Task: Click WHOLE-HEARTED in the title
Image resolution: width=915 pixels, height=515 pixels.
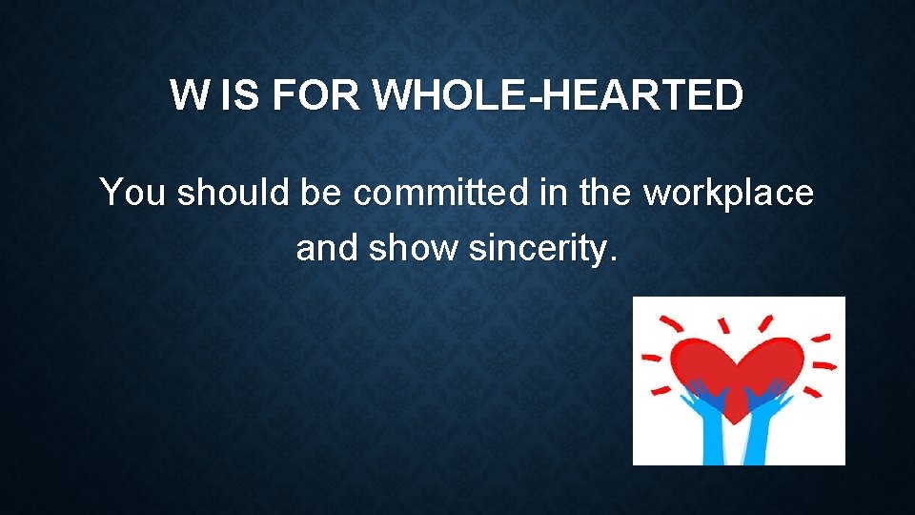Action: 559,95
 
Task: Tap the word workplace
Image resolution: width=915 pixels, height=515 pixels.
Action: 729,194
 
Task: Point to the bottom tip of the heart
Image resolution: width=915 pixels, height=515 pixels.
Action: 736,422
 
